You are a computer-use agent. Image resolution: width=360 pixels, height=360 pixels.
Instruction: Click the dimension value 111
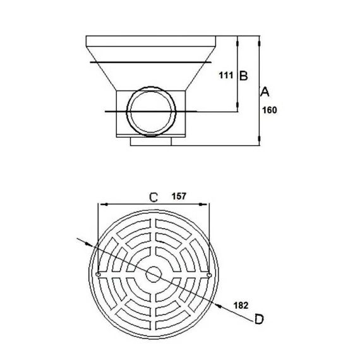point(226,75)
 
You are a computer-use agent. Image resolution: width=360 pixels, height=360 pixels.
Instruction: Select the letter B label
point(244,76)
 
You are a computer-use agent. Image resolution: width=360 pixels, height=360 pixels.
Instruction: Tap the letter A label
point(265,92)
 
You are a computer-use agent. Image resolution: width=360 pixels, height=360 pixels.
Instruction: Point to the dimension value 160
point(270,110)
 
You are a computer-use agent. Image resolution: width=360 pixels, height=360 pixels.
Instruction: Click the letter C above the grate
point(153,198)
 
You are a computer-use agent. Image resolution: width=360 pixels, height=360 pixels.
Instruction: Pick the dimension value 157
point(179,196)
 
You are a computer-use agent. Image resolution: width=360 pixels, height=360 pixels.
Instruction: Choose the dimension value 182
point(241,306)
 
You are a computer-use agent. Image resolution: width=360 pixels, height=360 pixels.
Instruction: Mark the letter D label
point(259,319)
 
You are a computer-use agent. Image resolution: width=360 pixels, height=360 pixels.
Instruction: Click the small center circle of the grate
point(153,274)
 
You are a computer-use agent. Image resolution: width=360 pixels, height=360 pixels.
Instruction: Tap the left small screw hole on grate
point(98,274)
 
